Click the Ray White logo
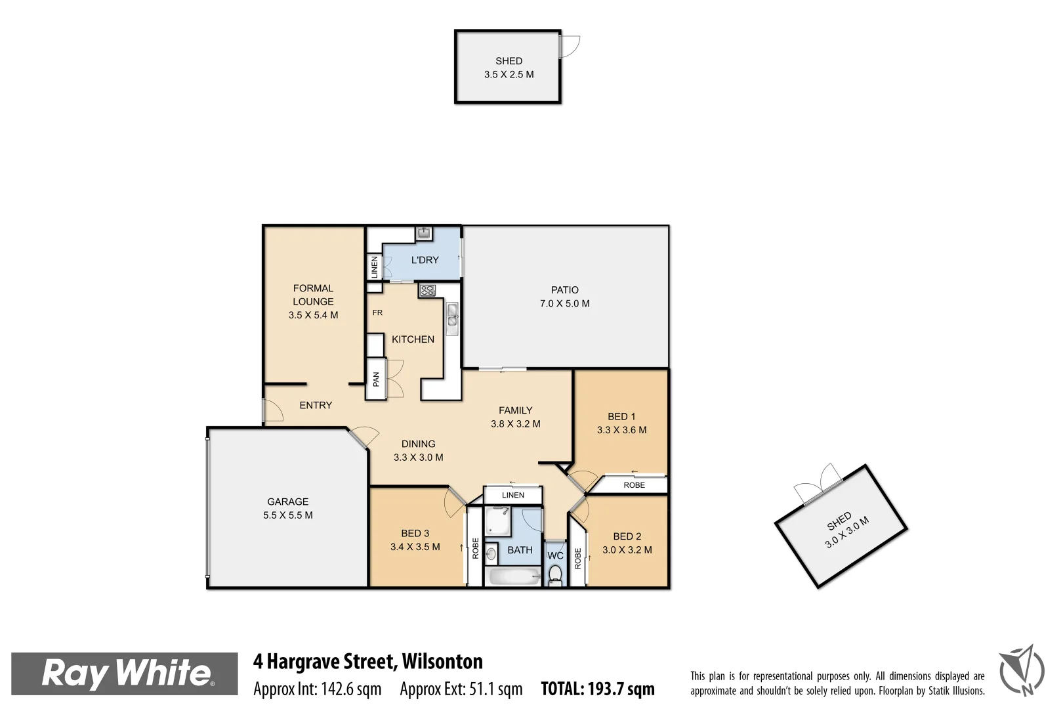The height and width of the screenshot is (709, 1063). [125, 674]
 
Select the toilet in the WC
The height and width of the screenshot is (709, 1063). [555, 575]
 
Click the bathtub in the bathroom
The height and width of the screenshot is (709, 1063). [514, 577]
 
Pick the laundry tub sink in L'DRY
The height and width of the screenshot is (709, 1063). [423, 233]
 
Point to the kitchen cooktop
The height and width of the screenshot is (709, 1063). [427, 290]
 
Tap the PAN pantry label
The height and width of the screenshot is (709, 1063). [376, 379]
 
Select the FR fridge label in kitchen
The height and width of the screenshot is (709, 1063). [377, 313]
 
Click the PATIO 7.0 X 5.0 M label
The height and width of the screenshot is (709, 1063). [564, 297]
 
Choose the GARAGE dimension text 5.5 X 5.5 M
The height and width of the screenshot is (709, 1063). [287, 515]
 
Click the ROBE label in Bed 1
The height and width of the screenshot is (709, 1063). [634, 485]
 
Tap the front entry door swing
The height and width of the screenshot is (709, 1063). [272, 411]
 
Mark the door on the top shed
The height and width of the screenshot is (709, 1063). [569, 46]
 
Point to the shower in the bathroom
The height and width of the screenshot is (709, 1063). [497, 521]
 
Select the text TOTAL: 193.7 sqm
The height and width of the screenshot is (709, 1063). [597, 689]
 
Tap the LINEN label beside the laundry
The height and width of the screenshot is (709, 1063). [375, 267]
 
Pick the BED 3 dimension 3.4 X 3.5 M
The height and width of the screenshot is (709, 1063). [415, 547]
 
